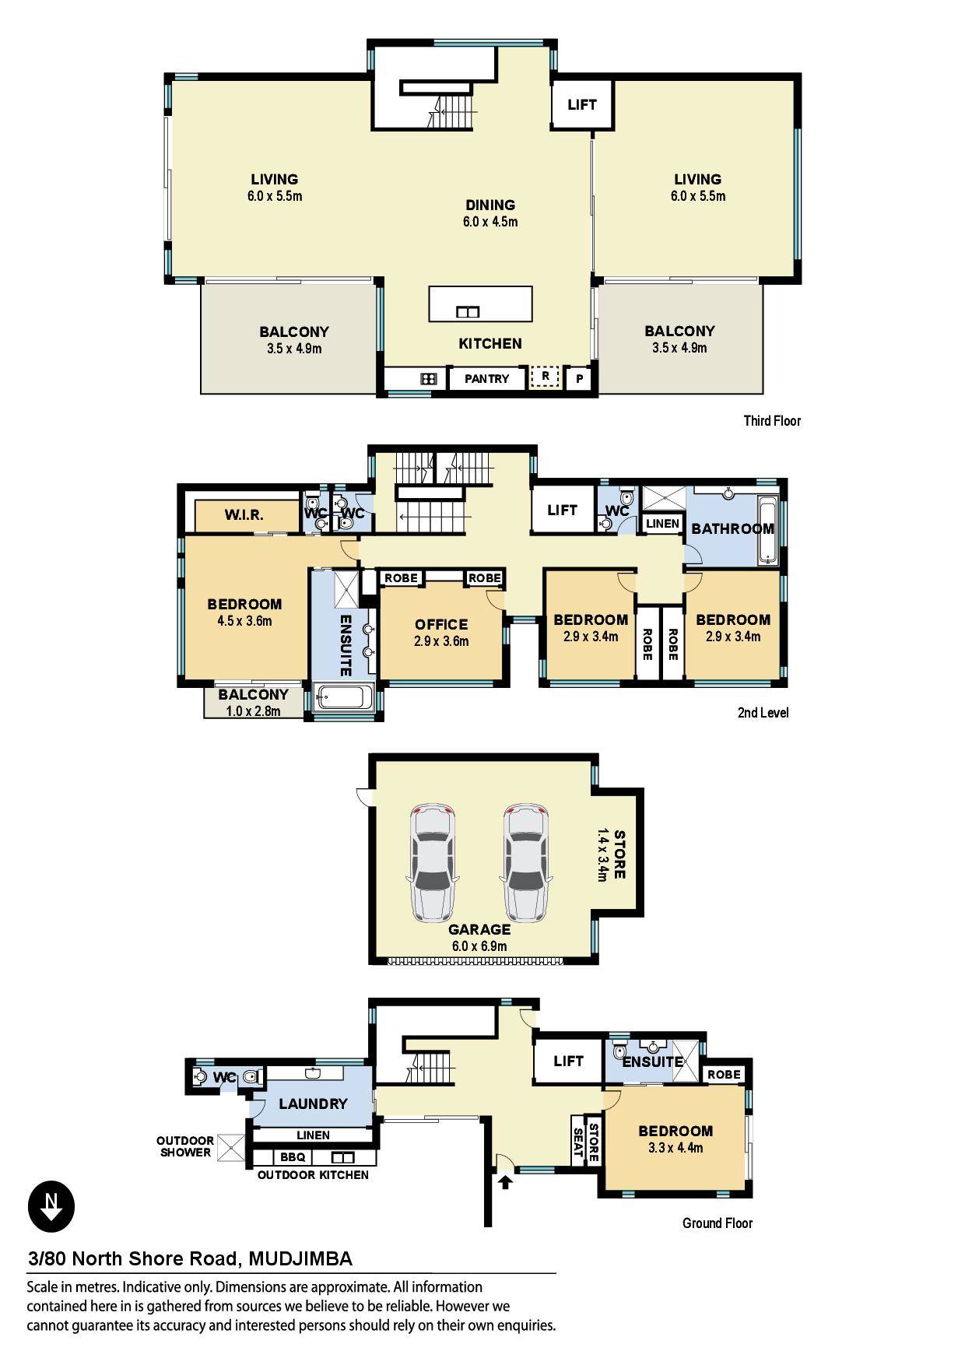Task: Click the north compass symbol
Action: click(51, 1207)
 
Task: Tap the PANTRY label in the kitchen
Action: click(486, 379)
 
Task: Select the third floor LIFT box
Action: click(581, 104)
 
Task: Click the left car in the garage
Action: click(432, 863)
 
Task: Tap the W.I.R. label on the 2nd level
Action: click(244, 515)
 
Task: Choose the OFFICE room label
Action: click(441, 624)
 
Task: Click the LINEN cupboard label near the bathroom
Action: click(662, 524)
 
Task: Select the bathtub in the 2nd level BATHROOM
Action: click(767, 529)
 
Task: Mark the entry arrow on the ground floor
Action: click(505, 1182)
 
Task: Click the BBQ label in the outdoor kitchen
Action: click(293, 1157)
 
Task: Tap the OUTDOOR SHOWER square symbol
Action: click(230, 1148)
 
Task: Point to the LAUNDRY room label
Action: click(313, 1104)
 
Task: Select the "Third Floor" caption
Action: click(772, 421)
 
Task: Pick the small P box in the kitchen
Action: click(579, 380)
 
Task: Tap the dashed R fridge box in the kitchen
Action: click(546, 377)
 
